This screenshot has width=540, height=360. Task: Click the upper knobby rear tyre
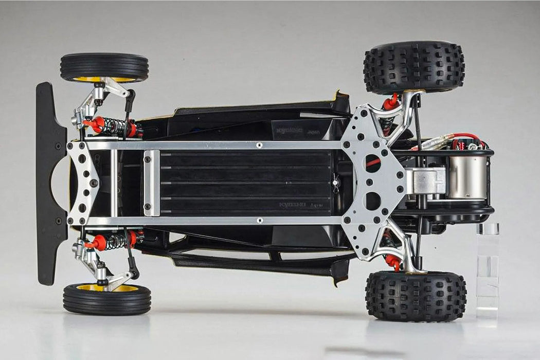click(413, 67)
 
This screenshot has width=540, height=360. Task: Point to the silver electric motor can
click(467, 177)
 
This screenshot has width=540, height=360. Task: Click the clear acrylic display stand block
click(487, 267)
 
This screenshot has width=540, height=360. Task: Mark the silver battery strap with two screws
click(151, 183)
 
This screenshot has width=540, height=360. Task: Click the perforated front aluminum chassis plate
click(82, 183)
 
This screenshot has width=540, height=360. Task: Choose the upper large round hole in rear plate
click(373, 163)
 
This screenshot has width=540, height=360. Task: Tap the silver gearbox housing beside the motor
click(424, 181)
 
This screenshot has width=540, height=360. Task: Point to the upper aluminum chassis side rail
click(216, 146)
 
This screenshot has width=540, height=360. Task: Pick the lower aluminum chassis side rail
click(216, 220)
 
